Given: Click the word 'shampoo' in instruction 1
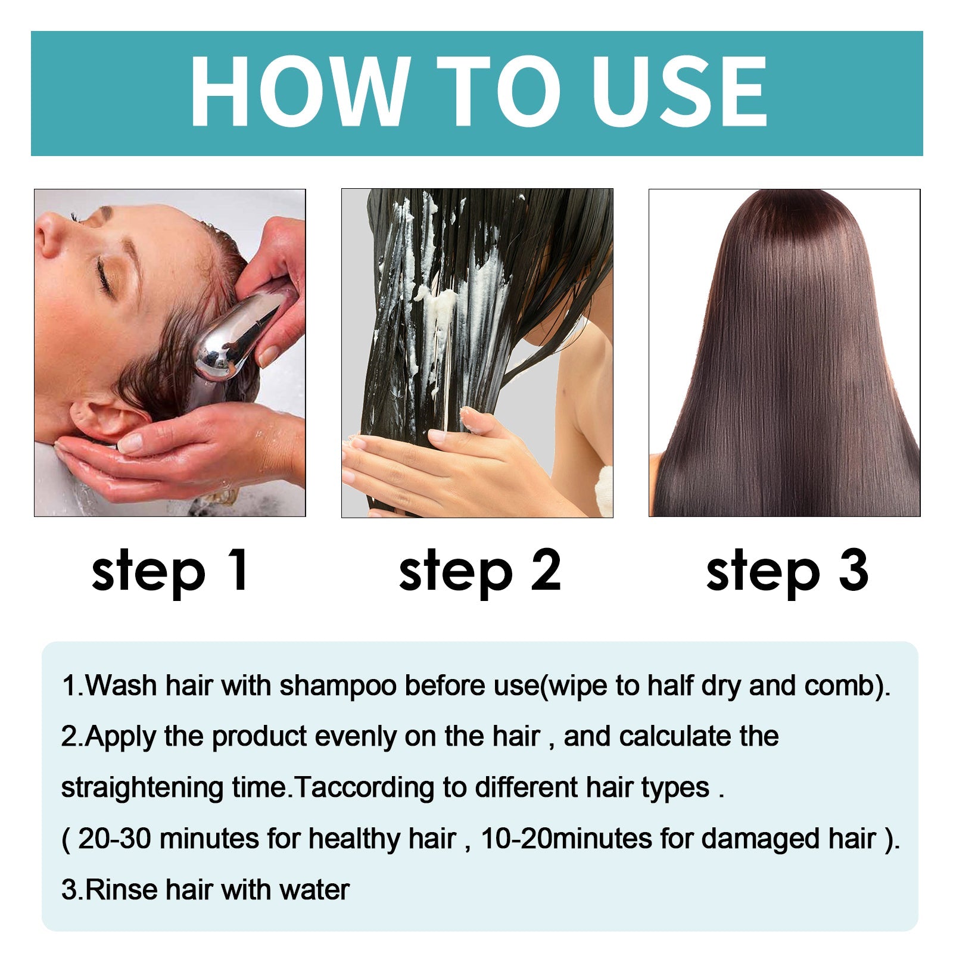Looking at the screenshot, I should tap(338, 686).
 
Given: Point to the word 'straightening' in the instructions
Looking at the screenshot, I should tap(142, 788).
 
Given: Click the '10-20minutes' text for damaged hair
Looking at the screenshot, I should tap(566, 839).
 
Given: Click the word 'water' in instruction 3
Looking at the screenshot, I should tap(314, 890).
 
